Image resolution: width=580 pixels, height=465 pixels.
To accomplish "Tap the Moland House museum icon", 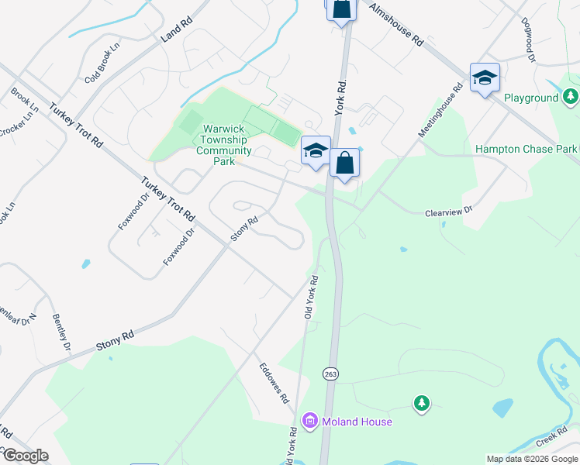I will pos(310,422).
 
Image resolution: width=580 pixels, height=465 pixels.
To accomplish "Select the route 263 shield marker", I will pos(331,374).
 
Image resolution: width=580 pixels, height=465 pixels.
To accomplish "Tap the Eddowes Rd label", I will pos(274,384).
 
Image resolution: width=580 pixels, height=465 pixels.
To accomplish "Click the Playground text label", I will pos(531,98).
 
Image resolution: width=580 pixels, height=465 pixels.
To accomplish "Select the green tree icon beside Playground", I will pos(571,97).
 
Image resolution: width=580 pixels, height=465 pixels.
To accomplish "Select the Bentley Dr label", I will pos(62,332).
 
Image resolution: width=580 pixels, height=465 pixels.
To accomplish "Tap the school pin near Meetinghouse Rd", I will pos(485,77).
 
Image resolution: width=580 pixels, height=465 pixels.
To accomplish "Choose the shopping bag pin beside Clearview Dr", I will pos(345,164).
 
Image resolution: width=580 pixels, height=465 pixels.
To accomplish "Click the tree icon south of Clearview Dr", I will pos(421,403).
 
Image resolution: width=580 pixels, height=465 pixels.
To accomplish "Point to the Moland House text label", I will pos(358,422).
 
